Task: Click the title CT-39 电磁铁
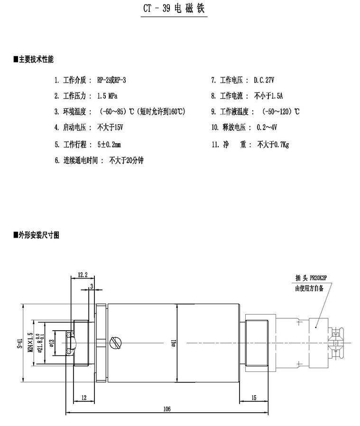(174, 9)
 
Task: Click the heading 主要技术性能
(34, 59)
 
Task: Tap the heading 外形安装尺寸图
(37, 235)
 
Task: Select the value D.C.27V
(264, 80)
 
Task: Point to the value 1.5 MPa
(107, 96)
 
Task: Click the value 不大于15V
(110, 128)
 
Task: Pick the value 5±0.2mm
(109, 145)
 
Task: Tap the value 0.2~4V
(267, 128)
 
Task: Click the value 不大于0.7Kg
(273, 145)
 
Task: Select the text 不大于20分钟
(126, 160)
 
